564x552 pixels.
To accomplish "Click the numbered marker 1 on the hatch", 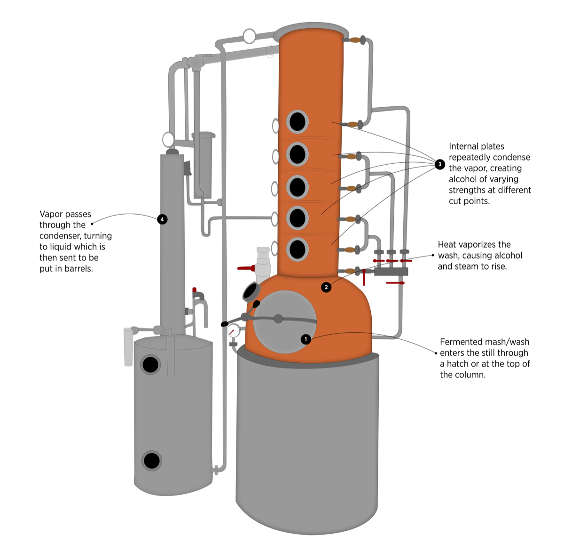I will coord(306,339).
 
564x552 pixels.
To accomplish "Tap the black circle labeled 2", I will coord(326,287).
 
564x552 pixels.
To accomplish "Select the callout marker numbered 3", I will coord(440,164).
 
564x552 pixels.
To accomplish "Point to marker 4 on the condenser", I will coord(162,219).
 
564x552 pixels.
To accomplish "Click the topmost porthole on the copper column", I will coord(298,122).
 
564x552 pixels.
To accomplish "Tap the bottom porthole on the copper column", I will coord(298,249).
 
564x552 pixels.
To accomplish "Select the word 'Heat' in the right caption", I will coord(448,245).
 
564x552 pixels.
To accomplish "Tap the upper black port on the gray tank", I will coord(150,365).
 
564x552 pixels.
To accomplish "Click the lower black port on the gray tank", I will coord(152,461).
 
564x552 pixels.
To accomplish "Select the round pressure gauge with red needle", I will coord(233,331).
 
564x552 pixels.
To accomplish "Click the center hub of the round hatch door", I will coord(278,319).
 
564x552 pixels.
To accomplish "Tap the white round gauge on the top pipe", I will coord(249,36).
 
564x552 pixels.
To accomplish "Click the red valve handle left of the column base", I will coord(245,268).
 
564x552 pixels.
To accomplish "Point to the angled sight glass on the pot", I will coord(251,292).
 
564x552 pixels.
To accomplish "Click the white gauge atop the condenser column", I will coord(168,139).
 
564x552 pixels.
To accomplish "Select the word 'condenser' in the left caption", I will coord(62,236).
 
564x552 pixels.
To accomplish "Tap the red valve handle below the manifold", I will coord(395,283).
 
